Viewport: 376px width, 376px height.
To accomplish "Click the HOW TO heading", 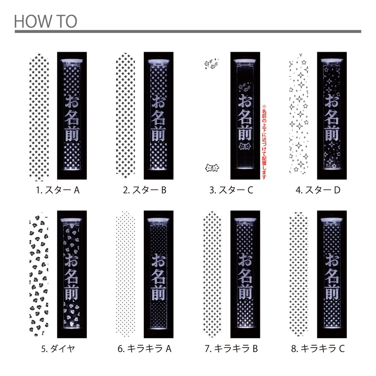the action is point(46,21).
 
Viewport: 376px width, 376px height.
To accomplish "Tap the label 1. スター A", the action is point(58,190).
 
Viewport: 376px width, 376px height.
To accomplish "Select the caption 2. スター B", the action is point(145,190).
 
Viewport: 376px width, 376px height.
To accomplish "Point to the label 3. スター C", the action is point(231,190).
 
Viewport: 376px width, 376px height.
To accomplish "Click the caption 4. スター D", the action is point(318,190).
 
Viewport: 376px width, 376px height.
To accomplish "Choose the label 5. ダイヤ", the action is point(58,348).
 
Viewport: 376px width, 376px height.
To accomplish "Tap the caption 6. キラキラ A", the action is point(145,348).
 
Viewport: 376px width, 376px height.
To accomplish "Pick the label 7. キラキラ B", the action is point(231,348).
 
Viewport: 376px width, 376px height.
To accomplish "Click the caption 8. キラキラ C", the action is point(318,348).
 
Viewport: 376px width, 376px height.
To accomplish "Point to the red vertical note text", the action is point(264,142).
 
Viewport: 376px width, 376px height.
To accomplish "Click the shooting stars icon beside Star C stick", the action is point(211,64).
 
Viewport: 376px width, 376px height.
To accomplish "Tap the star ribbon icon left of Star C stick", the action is point(212,168).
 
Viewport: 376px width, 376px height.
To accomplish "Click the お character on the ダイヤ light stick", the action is point(72,260).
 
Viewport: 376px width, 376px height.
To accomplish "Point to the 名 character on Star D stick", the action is point(332,117).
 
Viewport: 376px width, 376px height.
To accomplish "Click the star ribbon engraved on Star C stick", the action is point(245,146).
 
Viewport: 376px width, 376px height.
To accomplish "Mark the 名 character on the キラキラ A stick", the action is point(158,276).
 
